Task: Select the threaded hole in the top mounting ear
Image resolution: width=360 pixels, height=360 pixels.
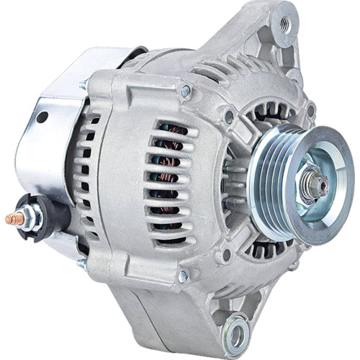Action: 284,23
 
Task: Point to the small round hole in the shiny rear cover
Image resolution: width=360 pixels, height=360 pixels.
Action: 42,117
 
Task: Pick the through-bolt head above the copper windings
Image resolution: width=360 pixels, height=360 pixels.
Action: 186,91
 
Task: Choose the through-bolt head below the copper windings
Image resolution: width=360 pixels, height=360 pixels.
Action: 184,276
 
